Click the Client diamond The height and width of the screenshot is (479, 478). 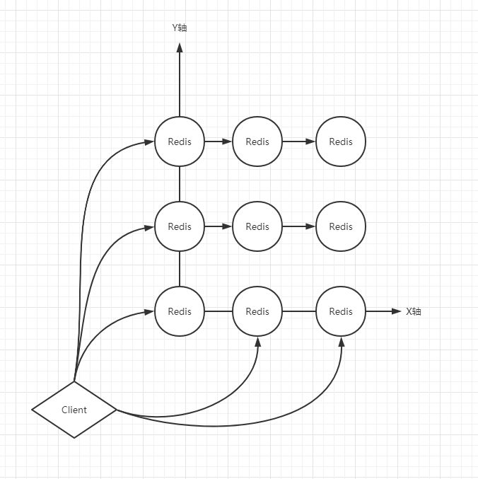[74, 410]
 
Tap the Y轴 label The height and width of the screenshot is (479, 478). [180, 28]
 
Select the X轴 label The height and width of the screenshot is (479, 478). [414, 311]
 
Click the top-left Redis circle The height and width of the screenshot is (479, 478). [180, 142]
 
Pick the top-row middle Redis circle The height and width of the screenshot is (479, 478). [257, 142]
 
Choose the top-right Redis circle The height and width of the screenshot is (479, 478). [341, 142]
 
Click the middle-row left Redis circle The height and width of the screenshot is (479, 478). [180, 226]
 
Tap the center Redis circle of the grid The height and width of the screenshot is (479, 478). [257, 226]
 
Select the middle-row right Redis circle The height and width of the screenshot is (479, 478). [341, 226]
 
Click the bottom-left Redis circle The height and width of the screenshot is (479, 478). [180, 311]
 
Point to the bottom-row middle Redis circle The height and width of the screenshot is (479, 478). [257, 311]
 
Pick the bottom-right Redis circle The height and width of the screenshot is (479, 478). [341, 311]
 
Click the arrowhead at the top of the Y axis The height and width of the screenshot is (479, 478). [180, 47]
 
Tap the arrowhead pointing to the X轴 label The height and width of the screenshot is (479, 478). [396, 311]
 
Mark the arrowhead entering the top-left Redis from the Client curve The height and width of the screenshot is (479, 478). [150, 142]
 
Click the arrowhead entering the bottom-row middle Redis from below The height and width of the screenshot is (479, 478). [257, 341]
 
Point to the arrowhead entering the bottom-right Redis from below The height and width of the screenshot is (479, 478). [342, 341]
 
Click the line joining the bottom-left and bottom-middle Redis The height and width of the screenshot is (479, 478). [218, 311]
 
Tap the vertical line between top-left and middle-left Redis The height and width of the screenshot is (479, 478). [180, 184]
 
